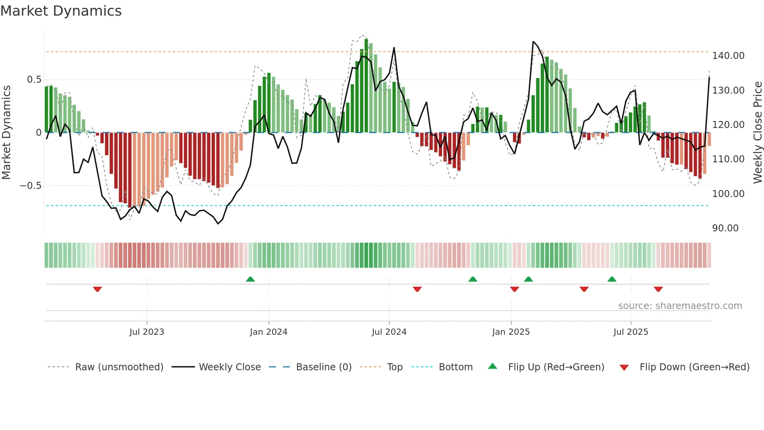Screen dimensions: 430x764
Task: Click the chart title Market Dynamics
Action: [x=61, y=11]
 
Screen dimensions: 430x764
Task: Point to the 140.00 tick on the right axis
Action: [x=728, y=56]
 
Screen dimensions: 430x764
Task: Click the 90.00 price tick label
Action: [x=725, y=228]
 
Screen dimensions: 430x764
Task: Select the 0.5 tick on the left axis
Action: [x=34, y=80]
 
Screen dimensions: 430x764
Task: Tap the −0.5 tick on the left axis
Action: [x=31, y=186]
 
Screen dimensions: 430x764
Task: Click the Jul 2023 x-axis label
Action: [x=147, y=332]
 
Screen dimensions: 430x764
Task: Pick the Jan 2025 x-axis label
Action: [x=511, y=332]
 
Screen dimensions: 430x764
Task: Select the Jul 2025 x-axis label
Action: [x=630, y=332]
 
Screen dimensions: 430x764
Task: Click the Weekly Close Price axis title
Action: [x=757, y=133]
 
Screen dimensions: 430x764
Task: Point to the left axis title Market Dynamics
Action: [x=6, y=133]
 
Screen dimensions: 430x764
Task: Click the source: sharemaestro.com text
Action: [x=680, y=306]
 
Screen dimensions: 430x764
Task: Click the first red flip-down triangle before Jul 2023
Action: [x=97, y=289]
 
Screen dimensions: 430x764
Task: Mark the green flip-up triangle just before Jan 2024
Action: [x=250, y=279]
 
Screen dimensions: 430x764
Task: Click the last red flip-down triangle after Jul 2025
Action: [x=658, y=289]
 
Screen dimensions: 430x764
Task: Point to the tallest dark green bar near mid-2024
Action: [x=366, y=86]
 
